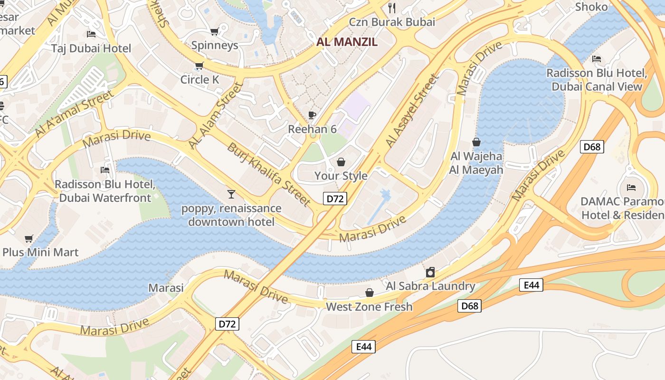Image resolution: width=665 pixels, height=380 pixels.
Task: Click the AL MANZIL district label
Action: click(x=347, y=42)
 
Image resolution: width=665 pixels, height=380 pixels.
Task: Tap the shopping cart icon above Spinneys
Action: click(x=214, y=32)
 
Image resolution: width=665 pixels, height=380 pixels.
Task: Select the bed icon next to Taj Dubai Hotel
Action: click(x=91, y=34)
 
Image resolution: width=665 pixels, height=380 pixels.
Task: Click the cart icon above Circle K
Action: click(x=199, y=66)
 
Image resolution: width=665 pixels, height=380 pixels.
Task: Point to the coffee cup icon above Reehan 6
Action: click(x=312, y=115)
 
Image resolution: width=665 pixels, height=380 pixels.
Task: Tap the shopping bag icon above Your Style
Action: click(x=341, y=162)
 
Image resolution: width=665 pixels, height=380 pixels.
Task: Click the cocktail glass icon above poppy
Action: click(x=231, y=194)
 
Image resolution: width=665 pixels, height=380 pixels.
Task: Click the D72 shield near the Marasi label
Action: click(x=227, y=324)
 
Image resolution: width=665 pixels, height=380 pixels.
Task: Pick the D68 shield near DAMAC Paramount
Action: click(x=592, y=147)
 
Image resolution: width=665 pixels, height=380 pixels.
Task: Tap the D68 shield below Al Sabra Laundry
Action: click(x=470, y=306)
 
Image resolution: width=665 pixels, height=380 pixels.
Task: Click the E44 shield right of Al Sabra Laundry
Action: click(x=531, y=285)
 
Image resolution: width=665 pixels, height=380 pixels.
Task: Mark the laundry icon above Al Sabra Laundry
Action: click(x=430, y=272)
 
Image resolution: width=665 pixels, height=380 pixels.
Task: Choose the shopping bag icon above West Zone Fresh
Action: click(x=369, y=293)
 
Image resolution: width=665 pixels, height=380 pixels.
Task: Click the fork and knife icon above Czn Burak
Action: click(x=392, y=8)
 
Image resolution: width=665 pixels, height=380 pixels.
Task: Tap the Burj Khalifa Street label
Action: click(x=268, y=174)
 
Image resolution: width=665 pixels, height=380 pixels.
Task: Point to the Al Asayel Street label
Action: click(x=411, y=110)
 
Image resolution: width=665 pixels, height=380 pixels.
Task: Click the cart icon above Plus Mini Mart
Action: click(x=28, y=238)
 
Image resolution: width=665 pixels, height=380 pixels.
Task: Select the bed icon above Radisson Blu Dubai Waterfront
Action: click(x=105, y=170)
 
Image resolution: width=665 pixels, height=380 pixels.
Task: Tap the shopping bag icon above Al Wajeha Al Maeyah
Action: click(x=476, y=142)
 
